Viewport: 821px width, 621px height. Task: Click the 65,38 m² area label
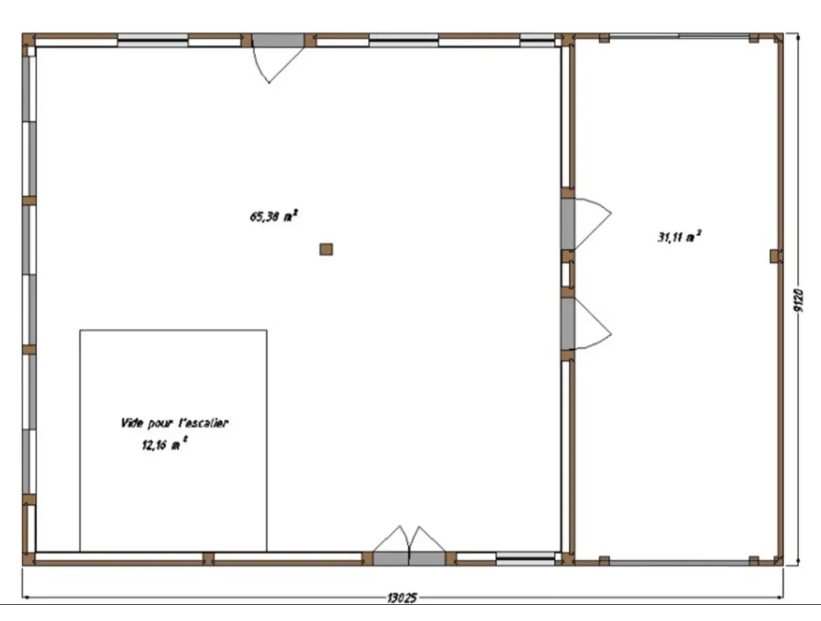point(274,216)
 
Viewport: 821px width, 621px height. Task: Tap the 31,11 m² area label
point(679,237)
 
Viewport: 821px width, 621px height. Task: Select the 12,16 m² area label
point(165,444)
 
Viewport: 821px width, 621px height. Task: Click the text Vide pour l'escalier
point(174,423)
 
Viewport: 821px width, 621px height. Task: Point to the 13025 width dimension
point(402,599)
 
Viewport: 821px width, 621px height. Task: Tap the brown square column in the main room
point(326,249)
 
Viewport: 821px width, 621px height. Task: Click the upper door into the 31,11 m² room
point(586,224)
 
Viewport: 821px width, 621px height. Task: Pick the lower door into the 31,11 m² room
point(586,324)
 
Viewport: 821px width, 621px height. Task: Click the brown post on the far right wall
point(775,257)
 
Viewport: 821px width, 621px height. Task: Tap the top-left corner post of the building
point(28,39)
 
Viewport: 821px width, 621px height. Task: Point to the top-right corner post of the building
point(777,39)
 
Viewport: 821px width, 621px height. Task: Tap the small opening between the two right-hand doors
point(568,275)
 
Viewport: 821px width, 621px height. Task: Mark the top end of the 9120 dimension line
point(798,34)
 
